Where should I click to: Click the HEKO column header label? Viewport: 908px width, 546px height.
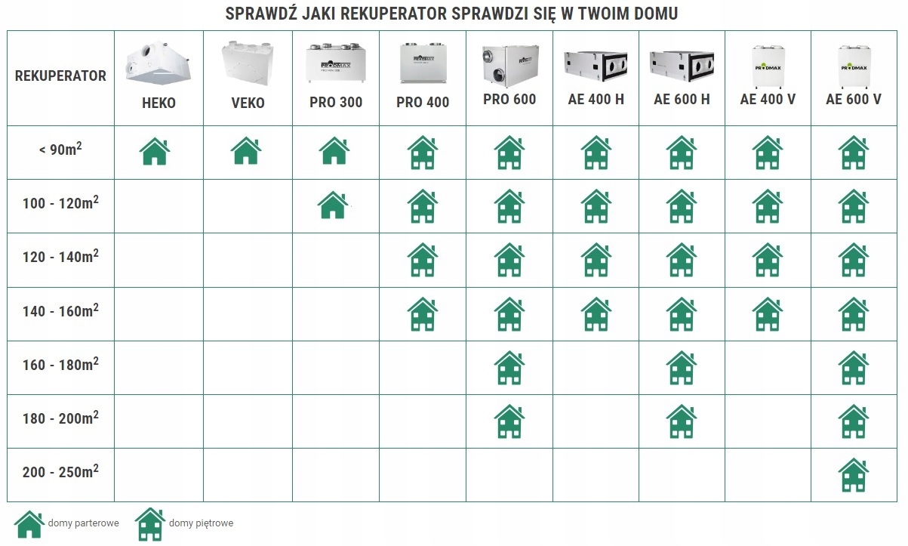pyautogui.click(x=159, y=103)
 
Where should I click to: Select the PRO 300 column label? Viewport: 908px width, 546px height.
pyautogui.click(x=336, y=102)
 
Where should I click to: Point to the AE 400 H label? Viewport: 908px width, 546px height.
pyautogui.click(x=596, y=99)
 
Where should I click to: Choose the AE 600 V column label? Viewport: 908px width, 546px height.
pyautogui.click(x=854, y=99)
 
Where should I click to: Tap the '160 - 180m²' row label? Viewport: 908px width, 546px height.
pyautogui.click(x=60, y=364)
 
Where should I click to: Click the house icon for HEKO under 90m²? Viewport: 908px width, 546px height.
pyautogui.click(x=155, y=152)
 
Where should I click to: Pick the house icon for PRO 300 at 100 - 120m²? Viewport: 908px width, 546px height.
pyautogui.click(x=333, y=205)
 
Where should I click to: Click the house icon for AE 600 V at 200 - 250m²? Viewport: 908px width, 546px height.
pyautogui.click(x=853, y=475)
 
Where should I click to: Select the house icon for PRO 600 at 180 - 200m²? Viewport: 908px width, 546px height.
pyautogui.click(x=509, y=421)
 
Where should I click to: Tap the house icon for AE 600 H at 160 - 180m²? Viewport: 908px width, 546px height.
pyautogui.click(x=682, y=368)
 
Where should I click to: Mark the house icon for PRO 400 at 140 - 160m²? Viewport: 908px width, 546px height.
pyautogui.click(x=423, y=313)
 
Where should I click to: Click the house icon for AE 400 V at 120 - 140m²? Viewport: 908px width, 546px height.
pyautogui.click(x=768, y=260)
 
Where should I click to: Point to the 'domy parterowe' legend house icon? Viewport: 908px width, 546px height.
pyautogui.click(x=29, y=523)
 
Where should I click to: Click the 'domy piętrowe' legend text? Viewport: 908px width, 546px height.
pyautogui.click(x=201, y=523)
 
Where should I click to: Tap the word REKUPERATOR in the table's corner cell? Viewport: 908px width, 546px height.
pyautogui.click(x=60, y=76)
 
